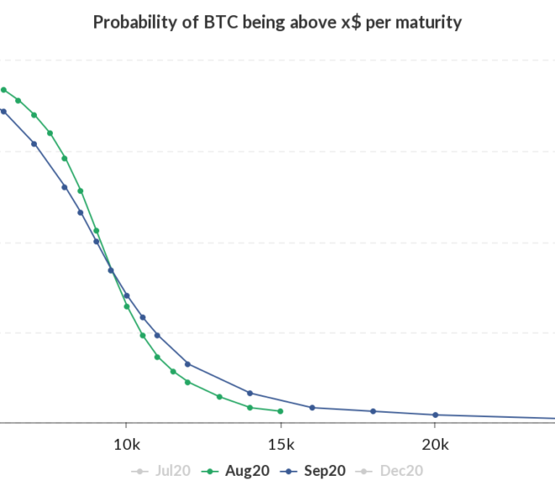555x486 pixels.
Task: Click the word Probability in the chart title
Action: (x=135, y=23)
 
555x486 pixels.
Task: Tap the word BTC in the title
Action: (x=221, y=22)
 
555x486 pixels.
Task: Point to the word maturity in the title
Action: (x=428, y=23)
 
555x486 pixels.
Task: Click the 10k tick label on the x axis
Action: (x=127, y=444)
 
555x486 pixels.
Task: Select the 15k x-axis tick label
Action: (x=281, y=444)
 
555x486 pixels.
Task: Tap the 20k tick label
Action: (x=436, y=444)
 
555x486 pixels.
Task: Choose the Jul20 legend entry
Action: (x=161, y=471)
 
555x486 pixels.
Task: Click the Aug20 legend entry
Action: (x=235, y=471)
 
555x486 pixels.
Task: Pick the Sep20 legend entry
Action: (x=313, y=471)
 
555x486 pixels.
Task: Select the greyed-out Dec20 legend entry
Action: (x=389, y=471)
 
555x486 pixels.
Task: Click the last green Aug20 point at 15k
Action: (x=280, y=411)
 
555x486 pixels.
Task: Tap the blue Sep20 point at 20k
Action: (x=436, y=414)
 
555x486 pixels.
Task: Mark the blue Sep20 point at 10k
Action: (x=127, y=296)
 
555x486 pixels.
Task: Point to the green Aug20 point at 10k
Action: (x=127, y=307)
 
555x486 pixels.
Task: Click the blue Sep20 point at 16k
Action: (x=312, y=408)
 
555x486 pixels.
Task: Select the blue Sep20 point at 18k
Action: (x=373, y=411)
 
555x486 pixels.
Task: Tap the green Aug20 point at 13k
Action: (x=219, y=397)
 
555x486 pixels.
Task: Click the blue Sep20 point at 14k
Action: (x=250, y=393)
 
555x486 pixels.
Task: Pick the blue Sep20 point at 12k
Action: (x=188, y=364)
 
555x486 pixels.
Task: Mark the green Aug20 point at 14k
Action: (x=250, y=408)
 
